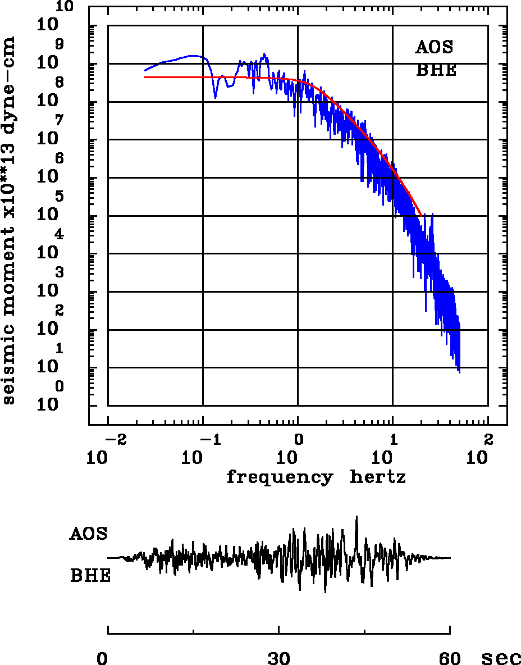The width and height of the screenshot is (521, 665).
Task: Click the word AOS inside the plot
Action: tap(434, 47)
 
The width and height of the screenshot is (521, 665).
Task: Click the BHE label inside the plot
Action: tap(436, 71)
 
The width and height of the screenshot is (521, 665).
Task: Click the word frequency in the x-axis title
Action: tap(279, 477)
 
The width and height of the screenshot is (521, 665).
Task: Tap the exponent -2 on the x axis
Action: tap(113, 439)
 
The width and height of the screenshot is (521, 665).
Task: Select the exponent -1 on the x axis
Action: tap(208, 439)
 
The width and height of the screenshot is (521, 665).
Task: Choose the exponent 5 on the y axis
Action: tap(60, 197)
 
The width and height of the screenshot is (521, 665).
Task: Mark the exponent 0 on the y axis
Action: tap(60, 386)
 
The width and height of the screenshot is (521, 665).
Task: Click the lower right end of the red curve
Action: tap(421, 215)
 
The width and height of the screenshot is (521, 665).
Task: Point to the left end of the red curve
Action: tap(145, 77)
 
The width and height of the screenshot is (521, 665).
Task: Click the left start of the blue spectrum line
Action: tap(145, 71)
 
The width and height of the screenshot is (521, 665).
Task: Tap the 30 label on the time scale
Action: tap(278, 658)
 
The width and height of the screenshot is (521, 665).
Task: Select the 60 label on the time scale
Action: tap(450, 658)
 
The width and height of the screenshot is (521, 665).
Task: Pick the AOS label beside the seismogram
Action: tap(88, 534)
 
